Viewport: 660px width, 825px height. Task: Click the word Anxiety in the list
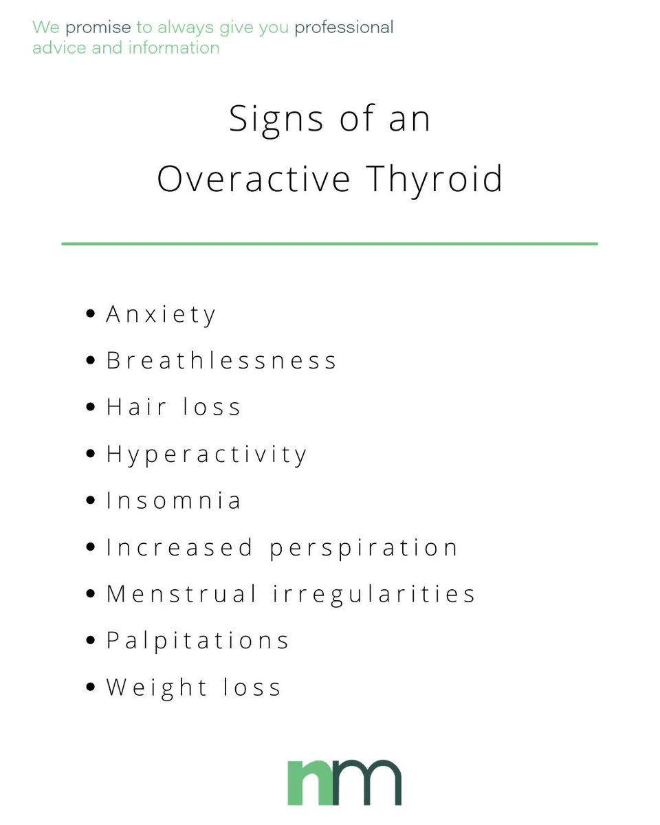161,315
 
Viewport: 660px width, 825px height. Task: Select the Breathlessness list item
221,361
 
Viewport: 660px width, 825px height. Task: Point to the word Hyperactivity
206,454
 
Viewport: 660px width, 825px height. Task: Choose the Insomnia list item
173,500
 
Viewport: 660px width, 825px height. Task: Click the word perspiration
364,548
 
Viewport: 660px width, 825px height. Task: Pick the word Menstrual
181,594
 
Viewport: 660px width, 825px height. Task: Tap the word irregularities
375,594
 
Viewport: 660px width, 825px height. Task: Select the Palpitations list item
197,641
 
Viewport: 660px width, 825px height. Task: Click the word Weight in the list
156,687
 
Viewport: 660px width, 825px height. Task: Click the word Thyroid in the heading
434,178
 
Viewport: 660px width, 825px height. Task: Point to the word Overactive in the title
254,178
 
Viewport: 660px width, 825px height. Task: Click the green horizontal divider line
329,243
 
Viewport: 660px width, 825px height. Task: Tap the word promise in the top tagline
98,28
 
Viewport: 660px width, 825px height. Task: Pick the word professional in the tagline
344,28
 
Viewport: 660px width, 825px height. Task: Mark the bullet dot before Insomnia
91,500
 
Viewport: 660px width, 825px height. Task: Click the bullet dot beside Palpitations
91,641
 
